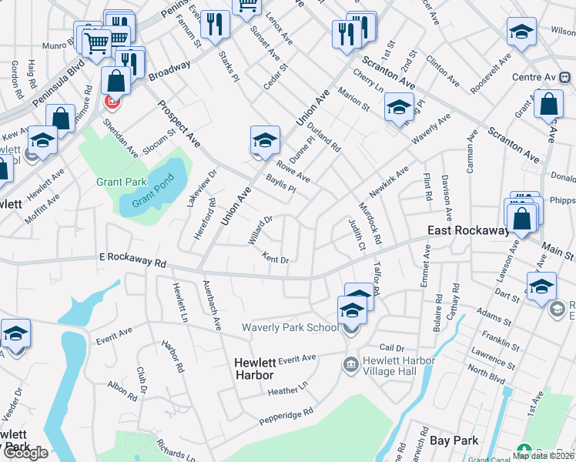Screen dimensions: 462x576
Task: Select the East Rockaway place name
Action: click(469, 231)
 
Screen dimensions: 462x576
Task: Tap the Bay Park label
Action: click(454, 440)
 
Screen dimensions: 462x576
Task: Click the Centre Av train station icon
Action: click(564, 78)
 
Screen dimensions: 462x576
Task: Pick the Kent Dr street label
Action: click(275, 259)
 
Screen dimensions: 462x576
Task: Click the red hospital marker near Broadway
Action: click(112, 102)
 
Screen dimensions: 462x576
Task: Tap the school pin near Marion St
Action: click(400, 106)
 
